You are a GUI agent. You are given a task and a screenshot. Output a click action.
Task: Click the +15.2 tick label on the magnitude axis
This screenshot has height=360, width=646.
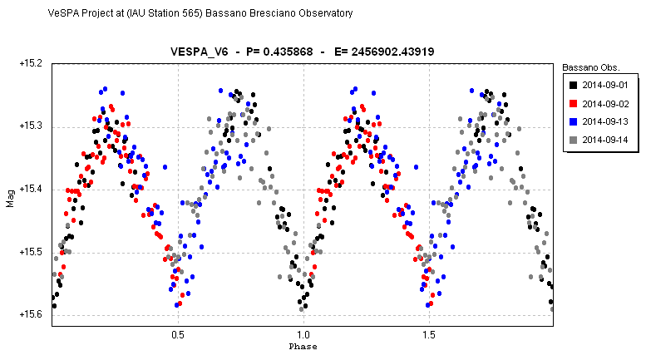click(31, 63)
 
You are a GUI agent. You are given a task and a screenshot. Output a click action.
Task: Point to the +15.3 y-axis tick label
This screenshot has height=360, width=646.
click(31, 126)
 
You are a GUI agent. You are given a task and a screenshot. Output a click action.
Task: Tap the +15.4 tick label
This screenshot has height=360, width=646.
click(31, 189)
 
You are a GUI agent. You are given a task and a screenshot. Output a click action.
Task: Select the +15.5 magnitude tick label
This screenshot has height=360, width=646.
click(31, 252)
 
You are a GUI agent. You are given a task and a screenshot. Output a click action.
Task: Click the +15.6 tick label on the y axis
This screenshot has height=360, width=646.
click(31, 314)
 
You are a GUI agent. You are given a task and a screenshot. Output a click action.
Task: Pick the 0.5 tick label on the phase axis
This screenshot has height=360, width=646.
click(178, 335)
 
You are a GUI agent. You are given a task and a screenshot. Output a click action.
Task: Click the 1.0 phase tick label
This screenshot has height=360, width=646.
click(303, 335)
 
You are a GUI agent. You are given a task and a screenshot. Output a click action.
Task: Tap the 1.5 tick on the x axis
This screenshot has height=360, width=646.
click(429, 335)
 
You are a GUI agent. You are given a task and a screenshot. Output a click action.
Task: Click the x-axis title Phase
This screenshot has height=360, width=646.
click(303, 347)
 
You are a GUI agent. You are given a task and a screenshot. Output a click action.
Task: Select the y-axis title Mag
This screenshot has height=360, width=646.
click(10, 199)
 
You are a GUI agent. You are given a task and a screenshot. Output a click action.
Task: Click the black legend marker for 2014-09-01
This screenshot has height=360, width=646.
click(573, 86)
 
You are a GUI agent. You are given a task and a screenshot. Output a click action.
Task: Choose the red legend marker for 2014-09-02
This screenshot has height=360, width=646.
click(573, 103)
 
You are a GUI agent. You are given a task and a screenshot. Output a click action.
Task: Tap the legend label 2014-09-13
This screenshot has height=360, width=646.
click(604, 121)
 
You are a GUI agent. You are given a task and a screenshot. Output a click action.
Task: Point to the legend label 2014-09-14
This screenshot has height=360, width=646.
click(604, 140)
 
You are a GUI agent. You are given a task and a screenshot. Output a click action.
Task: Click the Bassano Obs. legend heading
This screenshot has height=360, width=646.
click(591, 67)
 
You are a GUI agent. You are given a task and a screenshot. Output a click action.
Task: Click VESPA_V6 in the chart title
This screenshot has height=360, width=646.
click(199, 52)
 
